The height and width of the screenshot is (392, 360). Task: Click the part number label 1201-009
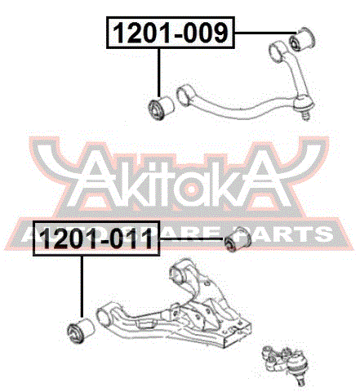click(171, 33)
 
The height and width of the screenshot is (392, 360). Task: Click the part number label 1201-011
click(96, 238)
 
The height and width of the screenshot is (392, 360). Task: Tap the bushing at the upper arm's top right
click(302, 38)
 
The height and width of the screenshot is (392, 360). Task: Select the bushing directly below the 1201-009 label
click(162, 108)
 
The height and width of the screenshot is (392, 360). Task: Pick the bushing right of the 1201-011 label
click(237, 239)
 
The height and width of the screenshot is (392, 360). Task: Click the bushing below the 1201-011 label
click(81, 330)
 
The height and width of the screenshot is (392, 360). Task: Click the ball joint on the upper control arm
click(304, 105)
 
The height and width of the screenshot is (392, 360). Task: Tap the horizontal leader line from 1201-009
click(265, 33)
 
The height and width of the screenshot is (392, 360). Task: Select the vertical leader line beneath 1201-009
click(159, 73)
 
